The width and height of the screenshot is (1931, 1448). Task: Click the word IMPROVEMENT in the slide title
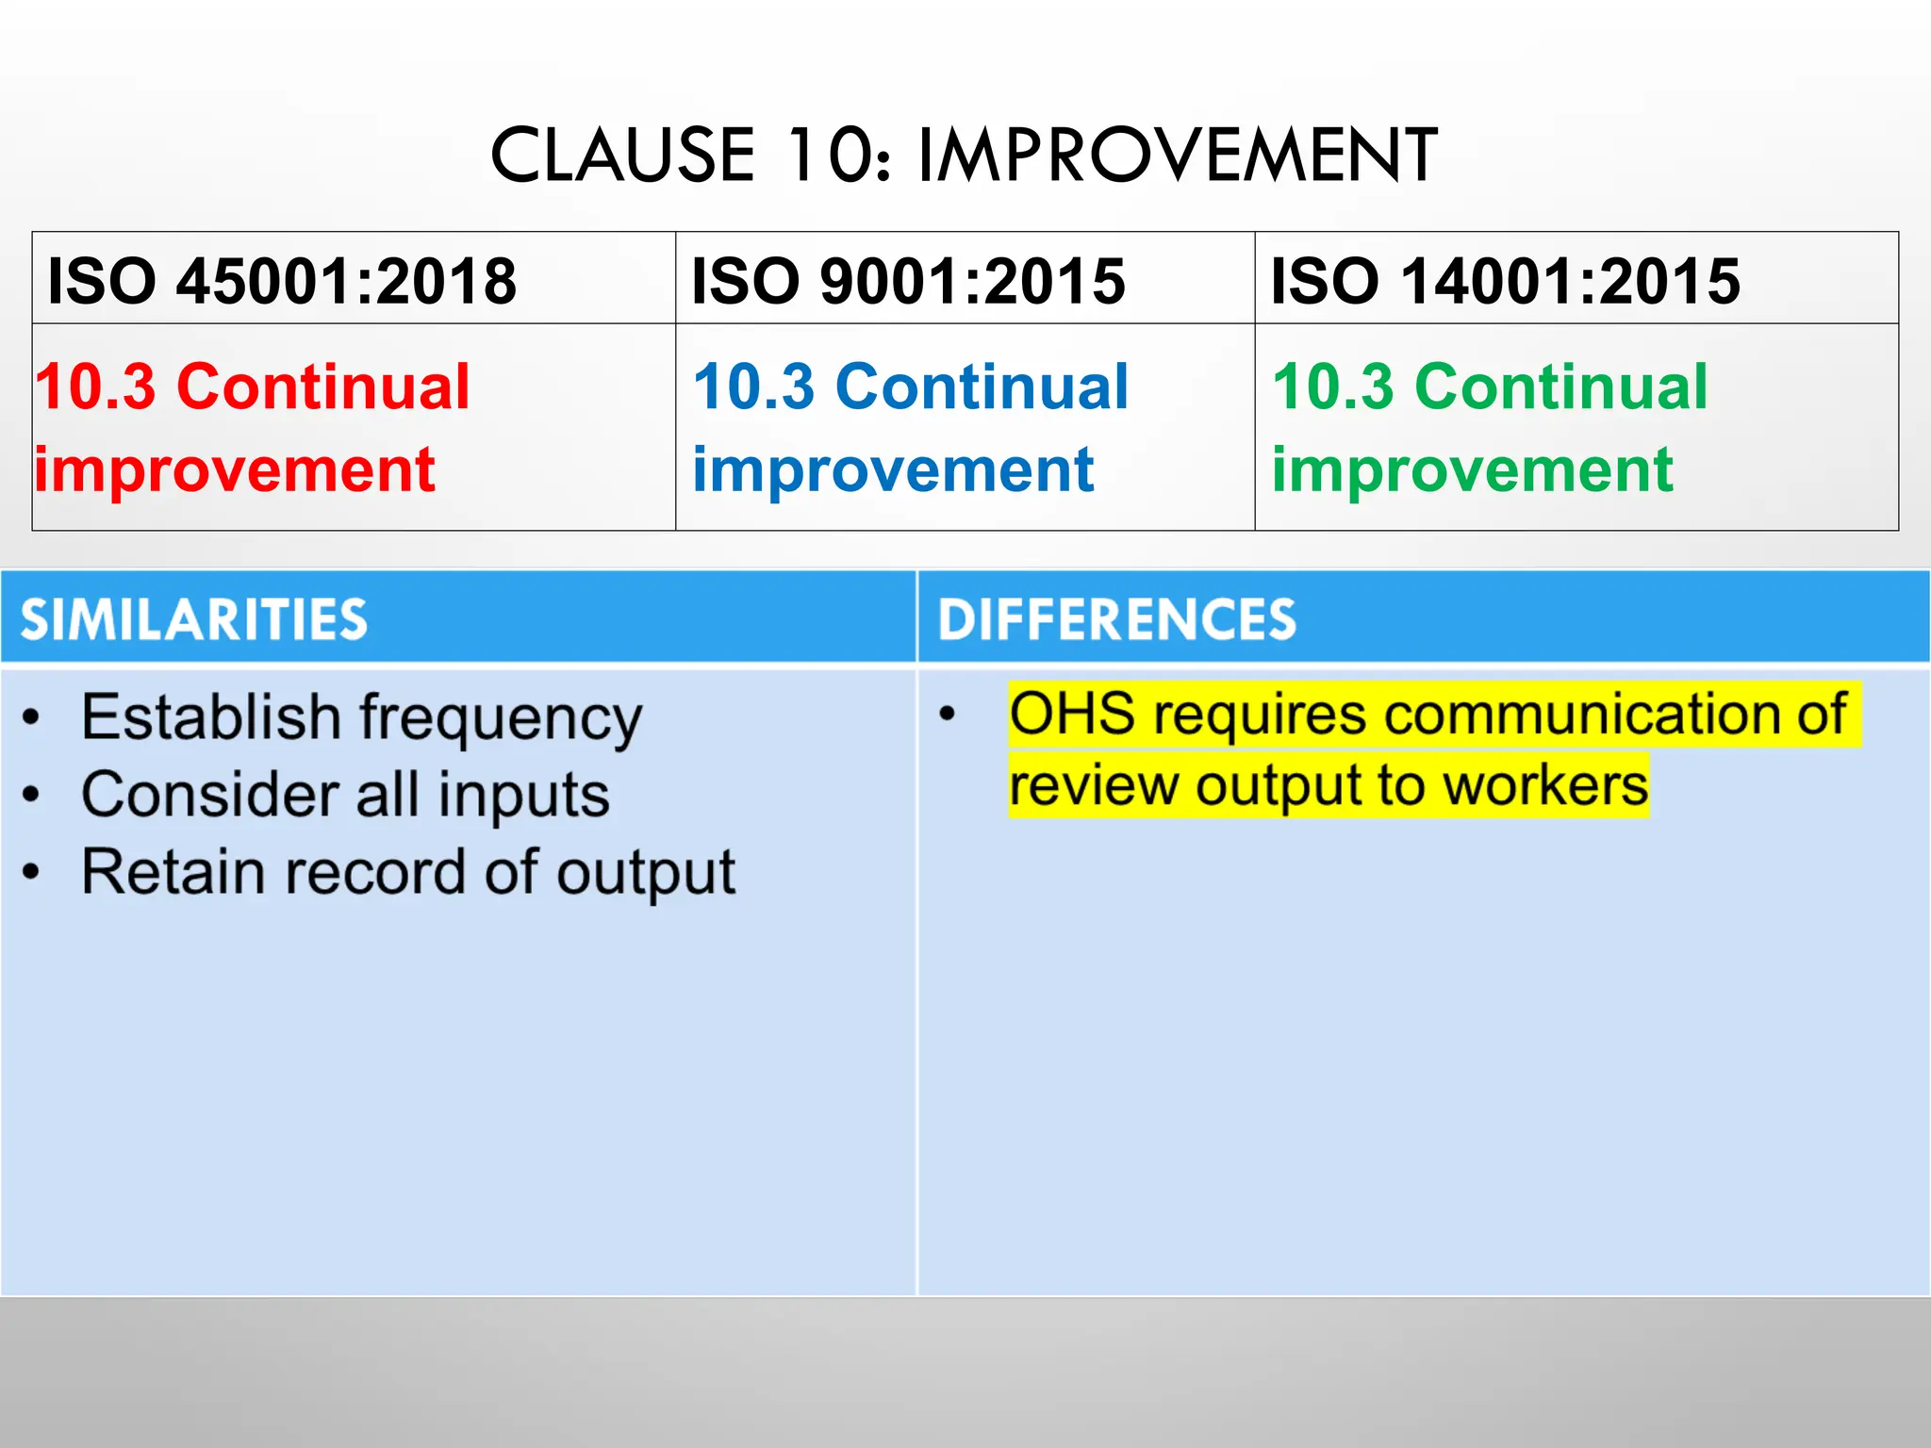(1177, 155)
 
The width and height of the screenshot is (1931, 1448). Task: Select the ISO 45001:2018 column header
(282, 281)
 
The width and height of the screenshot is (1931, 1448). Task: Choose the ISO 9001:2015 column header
(908, 281)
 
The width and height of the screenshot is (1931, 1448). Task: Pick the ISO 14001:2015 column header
(1505, 281)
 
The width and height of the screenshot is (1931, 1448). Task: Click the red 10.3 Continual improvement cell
(253, 427)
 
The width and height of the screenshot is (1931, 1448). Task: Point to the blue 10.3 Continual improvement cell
(910, 427)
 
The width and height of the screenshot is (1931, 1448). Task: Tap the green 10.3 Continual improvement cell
(1490, 427)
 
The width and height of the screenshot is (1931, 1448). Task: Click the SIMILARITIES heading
(194, 619)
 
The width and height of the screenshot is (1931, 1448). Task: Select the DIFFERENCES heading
(1116, 619)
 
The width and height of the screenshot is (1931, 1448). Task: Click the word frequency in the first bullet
(501, 719)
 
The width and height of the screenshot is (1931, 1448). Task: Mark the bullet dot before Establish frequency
(32, 719)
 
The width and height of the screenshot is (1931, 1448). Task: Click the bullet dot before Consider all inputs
(32, 796)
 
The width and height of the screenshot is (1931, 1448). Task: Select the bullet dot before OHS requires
(948, 715)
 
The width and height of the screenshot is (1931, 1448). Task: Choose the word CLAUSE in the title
(622, 155)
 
